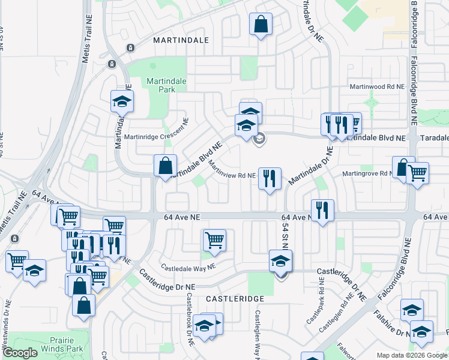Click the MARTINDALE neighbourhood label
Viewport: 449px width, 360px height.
point(181,40)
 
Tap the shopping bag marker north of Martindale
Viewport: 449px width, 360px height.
point(261,25)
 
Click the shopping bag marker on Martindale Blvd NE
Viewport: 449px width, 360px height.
point(164,166)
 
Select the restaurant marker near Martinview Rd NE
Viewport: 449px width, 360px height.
point(270,179)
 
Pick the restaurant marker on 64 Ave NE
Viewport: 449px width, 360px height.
point(322,211)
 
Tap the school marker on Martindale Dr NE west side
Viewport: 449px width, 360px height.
point(121,102)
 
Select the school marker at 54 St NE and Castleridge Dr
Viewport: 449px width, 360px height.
point(280,262)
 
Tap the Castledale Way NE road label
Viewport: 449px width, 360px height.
point(187,265)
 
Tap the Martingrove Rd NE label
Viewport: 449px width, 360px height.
point(367,174)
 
